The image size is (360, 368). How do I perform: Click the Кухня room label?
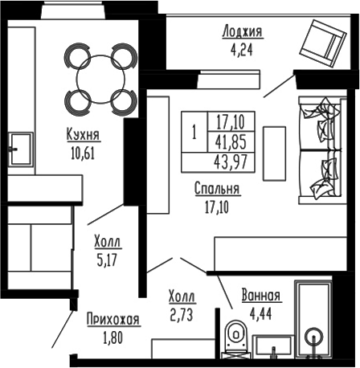pos(84,136)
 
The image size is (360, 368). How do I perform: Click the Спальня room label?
pos(217,190)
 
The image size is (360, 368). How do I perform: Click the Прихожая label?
pos(113,319)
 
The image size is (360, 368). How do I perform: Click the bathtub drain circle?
pos(314,336)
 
